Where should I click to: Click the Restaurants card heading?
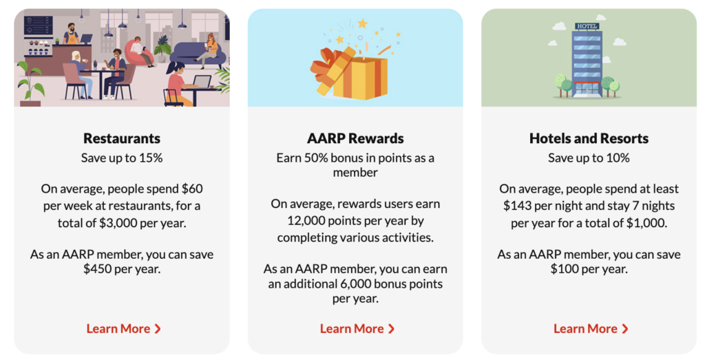(x=122, y=138)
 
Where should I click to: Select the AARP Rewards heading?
(x=355, y=138)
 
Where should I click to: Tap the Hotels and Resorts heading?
(x=589, y=138)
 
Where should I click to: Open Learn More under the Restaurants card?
(x=123, y=329)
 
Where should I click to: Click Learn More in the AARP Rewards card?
(x=357, y=329)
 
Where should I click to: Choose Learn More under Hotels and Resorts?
(x=590, y=329)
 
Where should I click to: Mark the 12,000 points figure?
(x=308, y=221)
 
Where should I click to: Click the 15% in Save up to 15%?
(x=151, y=158)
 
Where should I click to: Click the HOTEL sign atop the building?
(x=587, y=26)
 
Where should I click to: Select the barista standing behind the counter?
(x=70, y=35)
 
